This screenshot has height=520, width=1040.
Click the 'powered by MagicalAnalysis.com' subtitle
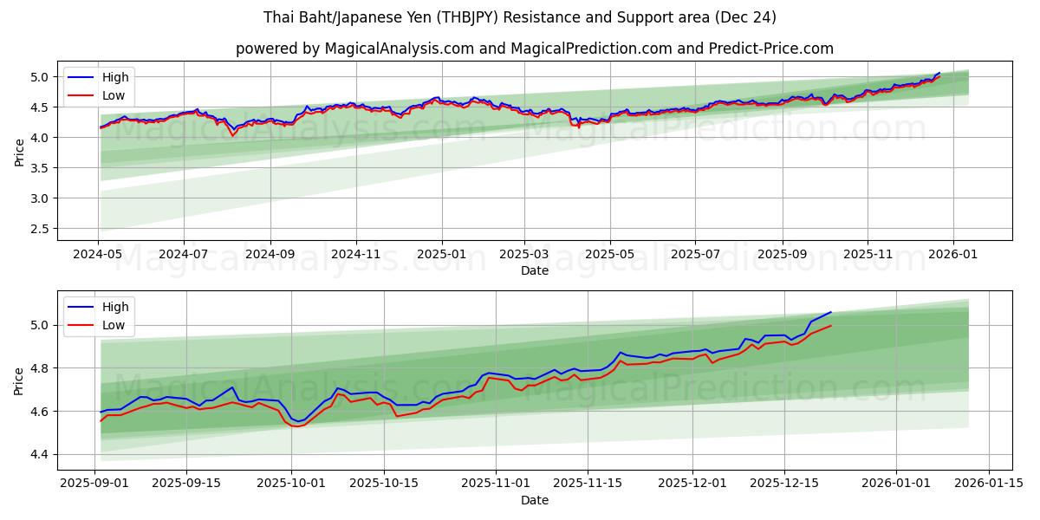tap(534, 49)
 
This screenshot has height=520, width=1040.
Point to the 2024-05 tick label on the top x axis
tap(98, 255)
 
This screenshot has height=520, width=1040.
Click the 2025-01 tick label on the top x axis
tap(441, 255)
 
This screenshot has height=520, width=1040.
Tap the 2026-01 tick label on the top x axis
tap(953, 255)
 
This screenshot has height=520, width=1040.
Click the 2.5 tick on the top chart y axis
tap(42, 229)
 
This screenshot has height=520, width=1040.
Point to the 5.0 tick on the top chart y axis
tap(42, 77)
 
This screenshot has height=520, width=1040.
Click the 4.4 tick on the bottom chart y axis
tap(42, 454)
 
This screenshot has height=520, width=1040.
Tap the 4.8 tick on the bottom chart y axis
tap(42, 368)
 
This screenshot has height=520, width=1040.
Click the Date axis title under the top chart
tap(534, 270)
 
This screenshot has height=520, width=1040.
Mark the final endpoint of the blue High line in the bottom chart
tap(831, 312)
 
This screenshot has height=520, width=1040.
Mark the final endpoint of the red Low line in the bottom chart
tap(831, 326)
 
